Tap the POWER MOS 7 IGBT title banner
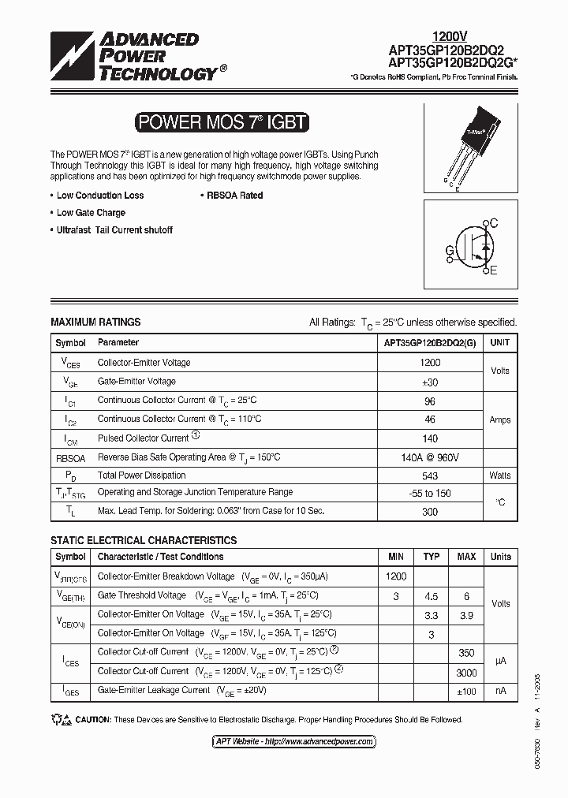tap(221, 123)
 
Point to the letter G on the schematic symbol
tap(450, 251)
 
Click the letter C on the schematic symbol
tap(494, 224)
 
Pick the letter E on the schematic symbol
tap(494, 271)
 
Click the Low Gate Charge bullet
tap(90, 213)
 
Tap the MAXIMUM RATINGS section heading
tap(95, 322)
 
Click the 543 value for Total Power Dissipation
tap(430, 475)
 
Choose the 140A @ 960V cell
tap(430, 457)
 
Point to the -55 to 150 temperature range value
tap(430, 493)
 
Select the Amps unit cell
tap(500, 420)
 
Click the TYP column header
tap(432, 557)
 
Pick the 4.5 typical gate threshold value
tap(432, 597)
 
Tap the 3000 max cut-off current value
tap(466, 673)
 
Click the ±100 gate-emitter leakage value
tap(466, 691)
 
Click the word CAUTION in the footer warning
tap(93, 720)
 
